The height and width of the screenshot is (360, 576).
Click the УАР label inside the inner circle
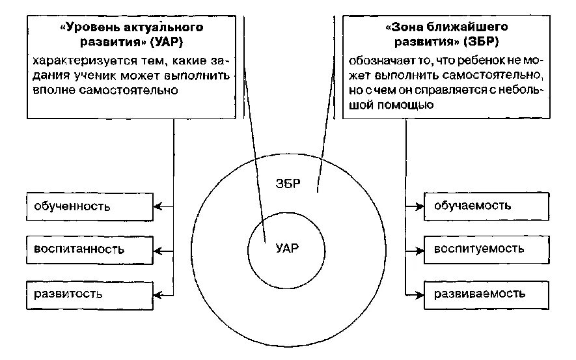(287, 248)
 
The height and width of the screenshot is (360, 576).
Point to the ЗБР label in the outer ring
(286, 183)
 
